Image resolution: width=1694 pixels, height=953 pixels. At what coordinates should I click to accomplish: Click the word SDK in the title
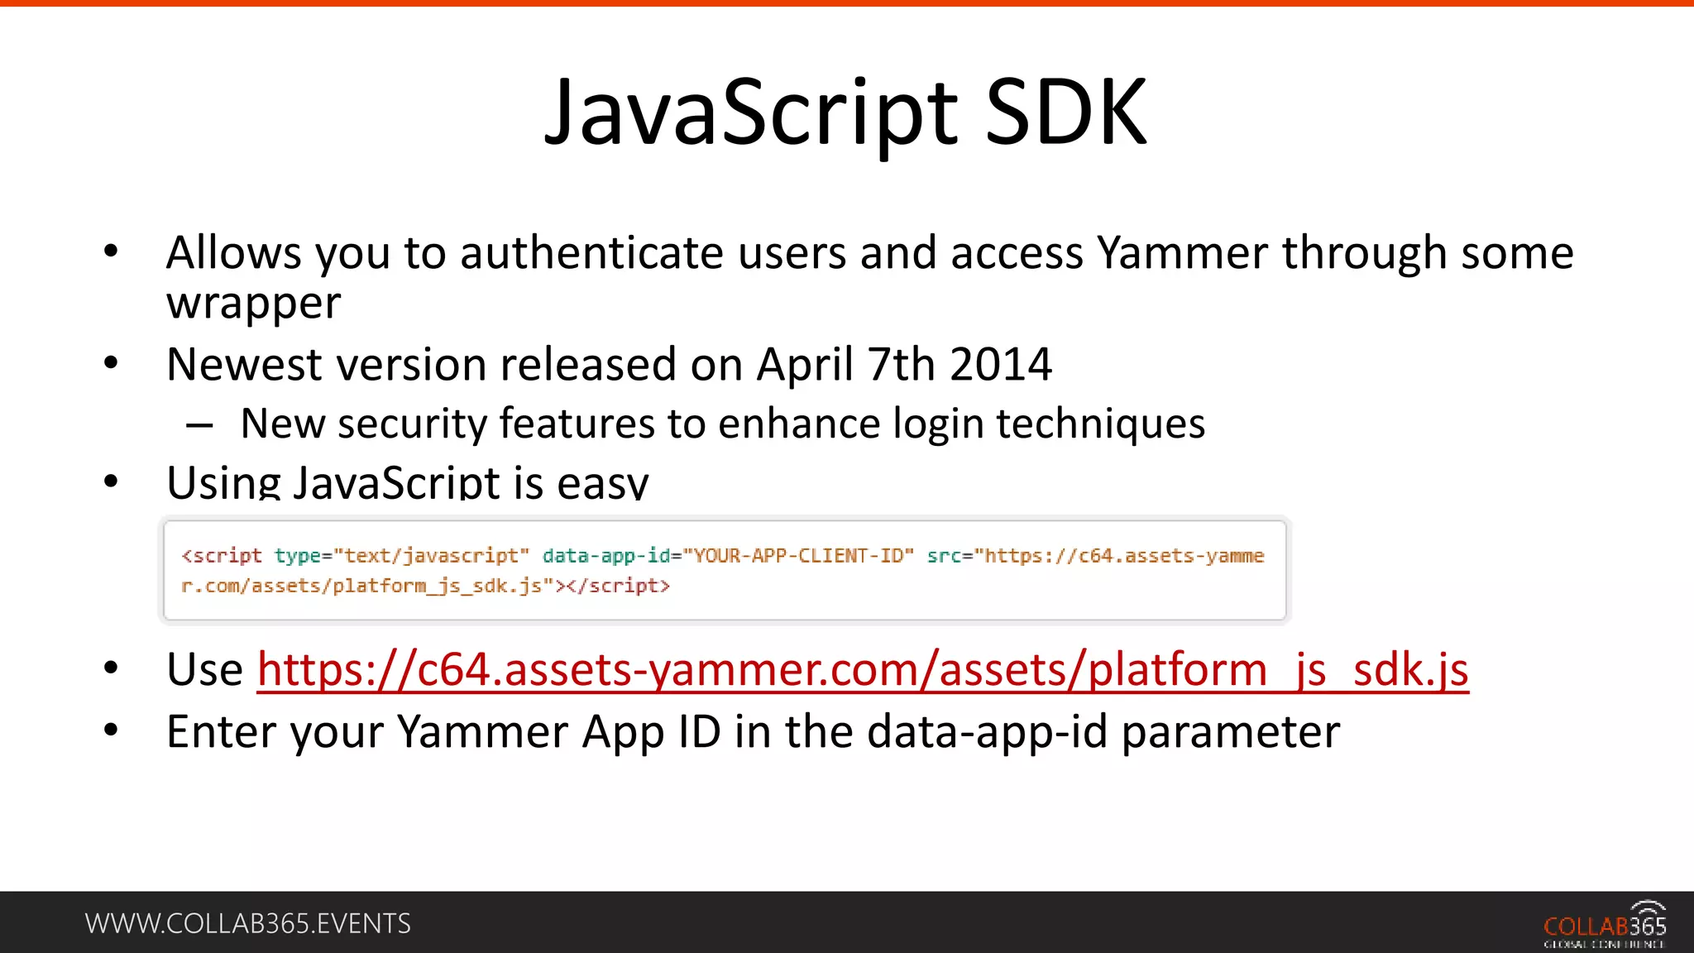pyautogui.click(x=1066, y=113)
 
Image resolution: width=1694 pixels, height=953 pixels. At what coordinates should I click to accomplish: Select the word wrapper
pyautogui.click(x=253, y=304)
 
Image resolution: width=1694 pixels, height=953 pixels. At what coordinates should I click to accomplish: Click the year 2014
pyautogui.click(x=1001, y=364)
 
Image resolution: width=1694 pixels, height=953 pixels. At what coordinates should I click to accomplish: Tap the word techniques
pyautogui.click(x=1100, y=424)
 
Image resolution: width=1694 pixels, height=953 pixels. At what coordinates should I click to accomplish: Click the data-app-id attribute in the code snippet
pyautogui.click(x=605, y=556)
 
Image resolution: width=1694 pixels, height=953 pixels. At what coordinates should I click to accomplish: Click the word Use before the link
pyautogui.click(x=204, y=669)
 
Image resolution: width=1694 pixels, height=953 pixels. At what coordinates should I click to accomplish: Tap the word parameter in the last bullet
pyautogui.click(x=1230, y=732)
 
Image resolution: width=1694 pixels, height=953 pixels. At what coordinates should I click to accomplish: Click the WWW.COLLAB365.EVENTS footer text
pyautogui.click(x=247, y=923)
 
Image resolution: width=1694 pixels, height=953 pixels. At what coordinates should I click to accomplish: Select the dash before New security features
pyautogui.click(x=199, y=426)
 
